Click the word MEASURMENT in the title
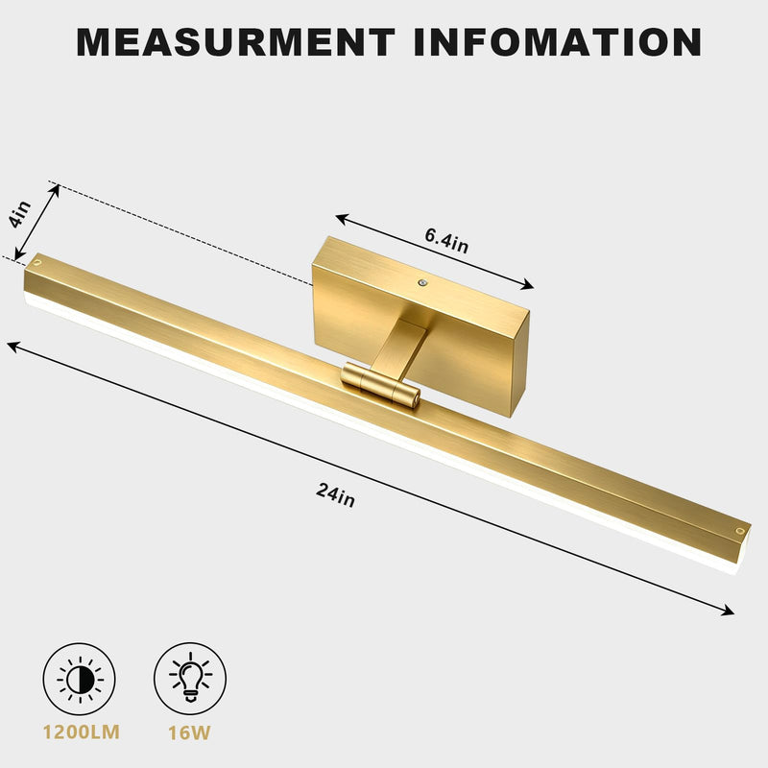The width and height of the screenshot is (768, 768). coord(235,42)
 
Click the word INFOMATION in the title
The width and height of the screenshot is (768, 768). coord(558,42)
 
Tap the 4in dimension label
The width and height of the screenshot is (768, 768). coord(20,214)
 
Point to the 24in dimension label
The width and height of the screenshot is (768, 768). coord(335,494)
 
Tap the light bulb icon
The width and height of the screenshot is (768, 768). coord(190,679)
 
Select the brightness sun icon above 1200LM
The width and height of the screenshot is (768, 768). coord(80,679)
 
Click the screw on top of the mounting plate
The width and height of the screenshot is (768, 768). coord(422,282)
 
